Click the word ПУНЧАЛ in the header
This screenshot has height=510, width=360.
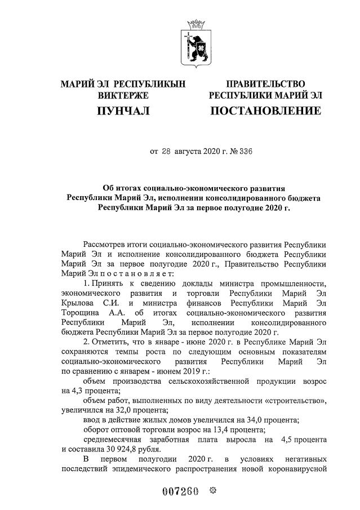(123, 111)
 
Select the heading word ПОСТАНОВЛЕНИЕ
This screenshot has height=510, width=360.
(265, 111)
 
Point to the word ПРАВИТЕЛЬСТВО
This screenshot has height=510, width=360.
(265, 84)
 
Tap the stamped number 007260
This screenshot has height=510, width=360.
(180, 491)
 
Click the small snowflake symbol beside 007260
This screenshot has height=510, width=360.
(212, 491)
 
